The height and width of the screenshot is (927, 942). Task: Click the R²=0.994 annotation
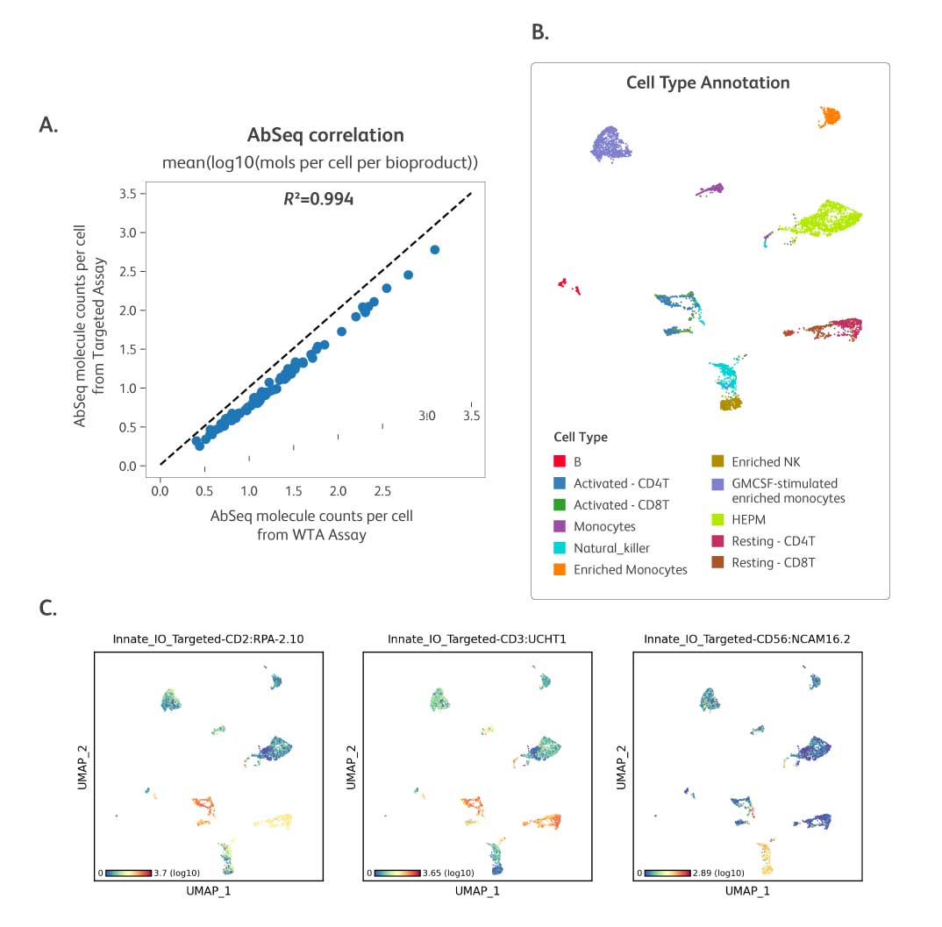[318, 199]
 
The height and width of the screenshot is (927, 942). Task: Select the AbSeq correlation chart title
[325, 135]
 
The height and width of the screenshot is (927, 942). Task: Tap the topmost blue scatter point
[434, 250]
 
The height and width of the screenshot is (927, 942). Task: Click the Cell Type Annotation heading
[708, 83]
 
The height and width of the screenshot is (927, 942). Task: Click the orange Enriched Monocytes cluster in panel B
[830, 116]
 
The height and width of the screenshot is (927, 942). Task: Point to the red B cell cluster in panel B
[567, 285]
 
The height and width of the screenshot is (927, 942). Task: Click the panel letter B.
[539, 32]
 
